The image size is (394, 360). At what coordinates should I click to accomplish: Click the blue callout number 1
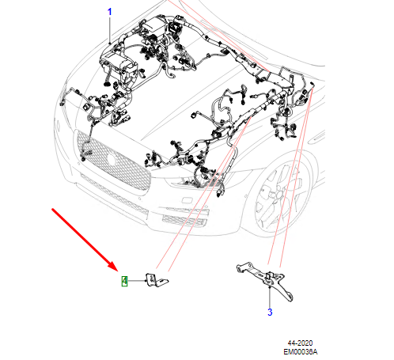110,12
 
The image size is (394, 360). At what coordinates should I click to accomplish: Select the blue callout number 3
269,313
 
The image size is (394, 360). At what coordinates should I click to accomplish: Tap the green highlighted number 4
124,281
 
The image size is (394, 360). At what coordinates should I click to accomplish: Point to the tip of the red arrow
116,271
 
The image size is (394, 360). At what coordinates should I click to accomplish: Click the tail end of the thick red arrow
53,210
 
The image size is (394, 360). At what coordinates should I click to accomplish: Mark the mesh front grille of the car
111,162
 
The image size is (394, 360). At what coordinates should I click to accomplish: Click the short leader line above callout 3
269,299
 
